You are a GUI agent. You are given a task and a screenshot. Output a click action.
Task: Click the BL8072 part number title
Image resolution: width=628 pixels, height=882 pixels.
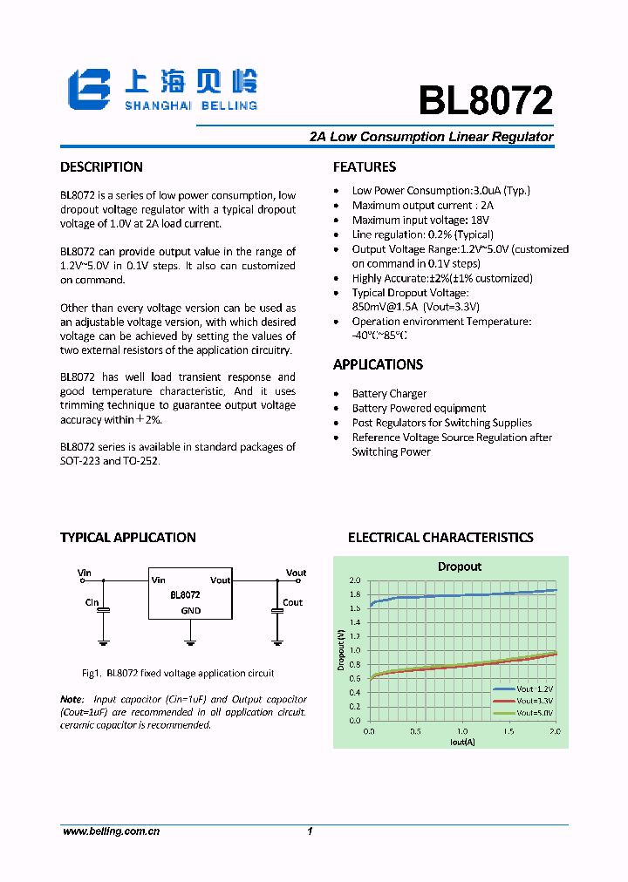[x=486, y=101]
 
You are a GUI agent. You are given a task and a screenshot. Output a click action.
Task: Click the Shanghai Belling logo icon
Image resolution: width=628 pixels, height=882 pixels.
[x=90, y=89]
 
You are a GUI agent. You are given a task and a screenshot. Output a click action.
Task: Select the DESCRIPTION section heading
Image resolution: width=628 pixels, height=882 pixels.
[x=101, y=167]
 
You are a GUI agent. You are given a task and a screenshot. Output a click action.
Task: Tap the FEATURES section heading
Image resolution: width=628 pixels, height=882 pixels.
[x=365, y=167]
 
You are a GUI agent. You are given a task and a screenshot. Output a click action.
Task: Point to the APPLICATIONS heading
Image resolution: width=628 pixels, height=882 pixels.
[x=378, y=364]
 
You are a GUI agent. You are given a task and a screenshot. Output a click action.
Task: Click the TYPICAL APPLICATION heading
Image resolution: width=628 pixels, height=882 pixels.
[x=127, y=538]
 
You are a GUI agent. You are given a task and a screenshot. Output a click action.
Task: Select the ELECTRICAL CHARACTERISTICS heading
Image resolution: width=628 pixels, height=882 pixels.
[x=440, y=538]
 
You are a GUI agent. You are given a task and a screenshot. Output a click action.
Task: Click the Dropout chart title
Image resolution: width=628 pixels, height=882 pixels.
[x=459, y=567]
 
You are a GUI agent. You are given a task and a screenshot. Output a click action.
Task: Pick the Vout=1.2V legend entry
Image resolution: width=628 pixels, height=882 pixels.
[x=524, y=689]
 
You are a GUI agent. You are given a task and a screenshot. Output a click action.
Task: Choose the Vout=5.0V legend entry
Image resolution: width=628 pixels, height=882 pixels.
[x=524, y=712]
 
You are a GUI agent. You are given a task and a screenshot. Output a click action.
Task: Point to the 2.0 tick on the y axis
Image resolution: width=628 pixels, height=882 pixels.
[x=354, y=580]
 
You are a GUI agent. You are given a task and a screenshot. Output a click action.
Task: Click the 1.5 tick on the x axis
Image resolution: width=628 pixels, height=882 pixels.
[x=509, y=732]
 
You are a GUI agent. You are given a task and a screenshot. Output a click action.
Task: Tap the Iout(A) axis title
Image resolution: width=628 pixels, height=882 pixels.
[x=462, y=742]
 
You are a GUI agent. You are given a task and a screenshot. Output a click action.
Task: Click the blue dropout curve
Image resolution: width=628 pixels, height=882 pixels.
[x=462, y=594]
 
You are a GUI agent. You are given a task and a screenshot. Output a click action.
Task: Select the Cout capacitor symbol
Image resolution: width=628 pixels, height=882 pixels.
[x=277, y=612]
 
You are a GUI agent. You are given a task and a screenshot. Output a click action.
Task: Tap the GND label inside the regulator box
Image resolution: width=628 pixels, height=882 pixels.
[x=190, y=611]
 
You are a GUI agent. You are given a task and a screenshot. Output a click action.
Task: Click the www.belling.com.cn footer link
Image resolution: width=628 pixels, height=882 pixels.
[x=111, y=832]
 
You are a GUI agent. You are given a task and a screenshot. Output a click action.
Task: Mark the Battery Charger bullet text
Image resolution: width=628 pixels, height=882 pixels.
[x=389, y=394]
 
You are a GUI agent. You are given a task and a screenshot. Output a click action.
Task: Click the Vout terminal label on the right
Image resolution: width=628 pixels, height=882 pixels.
[x=296, y=573]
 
